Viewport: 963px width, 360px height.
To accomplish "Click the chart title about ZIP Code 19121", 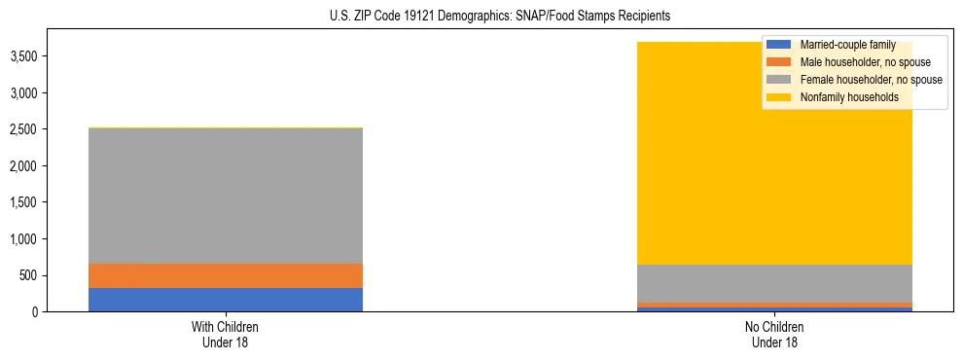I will (481, 17).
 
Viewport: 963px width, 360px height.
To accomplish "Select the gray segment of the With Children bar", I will (226, 196).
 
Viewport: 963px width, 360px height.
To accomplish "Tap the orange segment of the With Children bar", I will (226, 275).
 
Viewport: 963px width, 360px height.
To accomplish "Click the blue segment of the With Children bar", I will (226, 300).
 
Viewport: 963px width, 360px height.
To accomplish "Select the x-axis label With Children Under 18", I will (226, 334).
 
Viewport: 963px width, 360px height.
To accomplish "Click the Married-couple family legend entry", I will (846, 45).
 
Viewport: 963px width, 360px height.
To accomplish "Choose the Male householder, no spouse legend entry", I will (856, 62).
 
